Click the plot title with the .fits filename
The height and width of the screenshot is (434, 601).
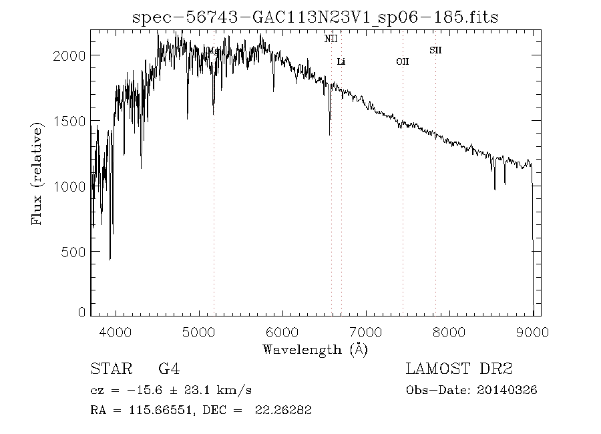coord(315,17)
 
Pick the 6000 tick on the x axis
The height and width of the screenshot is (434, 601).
coord(282,331)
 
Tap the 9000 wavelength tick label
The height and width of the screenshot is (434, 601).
coord(532,331)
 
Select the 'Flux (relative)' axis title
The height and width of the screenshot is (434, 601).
coord(37,174)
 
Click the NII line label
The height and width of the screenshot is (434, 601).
coord(331,39)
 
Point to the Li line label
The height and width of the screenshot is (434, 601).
coord(341,62)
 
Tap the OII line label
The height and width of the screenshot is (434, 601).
coord(402,62)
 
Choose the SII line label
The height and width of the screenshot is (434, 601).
coord(435,50)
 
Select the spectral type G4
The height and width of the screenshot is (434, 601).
coord(168,369)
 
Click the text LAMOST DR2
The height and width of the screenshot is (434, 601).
coord(459,369)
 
